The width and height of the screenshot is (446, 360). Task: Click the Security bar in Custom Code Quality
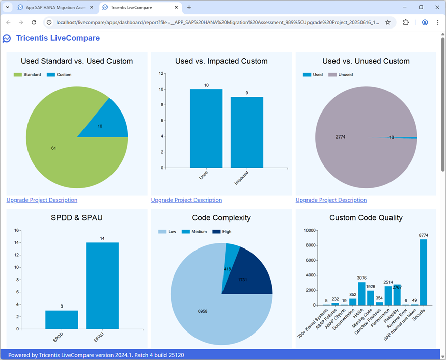point(424,272)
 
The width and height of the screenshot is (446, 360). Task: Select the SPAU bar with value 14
point(102,286)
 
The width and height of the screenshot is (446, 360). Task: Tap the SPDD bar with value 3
point(62,319)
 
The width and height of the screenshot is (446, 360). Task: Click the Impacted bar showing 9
point(247,132)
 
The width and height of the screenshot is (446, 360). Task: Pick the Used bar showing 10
point(206,128)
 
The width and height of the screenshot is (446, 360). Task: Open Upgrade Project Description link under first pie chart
point(42,200)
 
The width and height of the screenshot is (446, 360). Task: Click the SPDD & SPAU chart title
point(76,218)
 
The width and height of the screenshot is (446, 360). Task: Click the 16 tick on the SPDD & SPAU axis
point(16,230)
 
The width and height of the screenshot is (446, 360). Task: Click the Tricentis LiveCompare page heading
point(58,38)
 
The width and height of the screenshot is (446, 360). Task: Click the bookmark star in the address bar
point(388,22)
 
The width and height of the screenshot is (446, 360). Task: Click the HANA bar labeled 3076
point(362,294)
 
